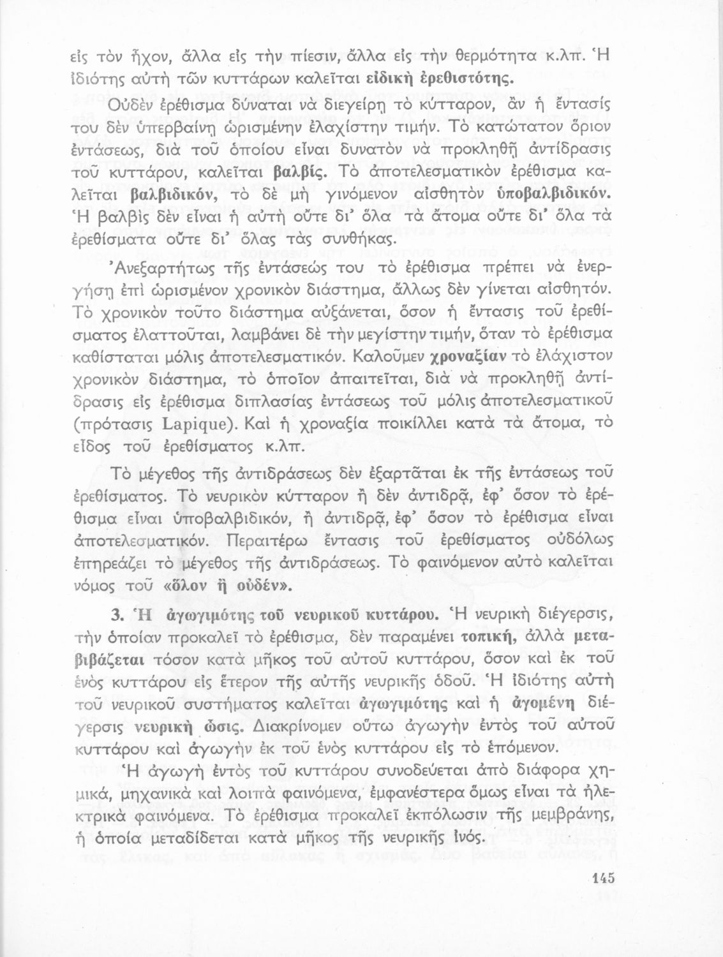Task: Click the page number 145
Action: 602,878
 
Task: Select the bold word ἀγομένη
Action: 544,704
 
